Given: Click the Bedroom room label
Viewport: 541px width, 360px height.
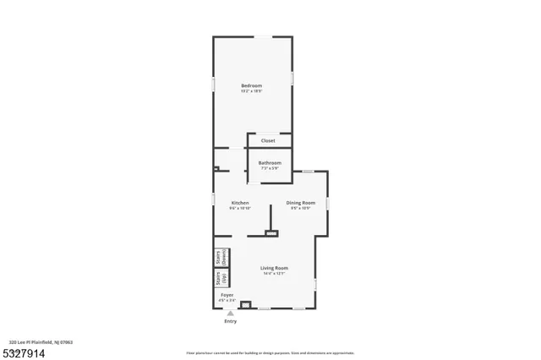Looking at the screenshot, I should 251,85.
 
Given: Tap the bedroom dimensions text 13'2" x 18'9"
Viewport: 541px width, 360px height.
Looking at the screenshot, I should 251,91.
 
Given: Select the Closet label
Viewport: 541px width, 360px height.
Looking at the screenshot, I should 268,140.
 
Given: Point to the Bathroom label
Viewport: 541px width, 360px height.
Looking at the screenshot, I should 270,162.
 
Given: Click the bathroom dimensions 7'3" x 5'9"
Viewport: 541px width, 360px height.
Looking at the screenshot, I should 270,168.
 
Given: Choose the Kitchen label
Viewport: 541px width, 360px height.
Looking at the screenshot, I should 240,202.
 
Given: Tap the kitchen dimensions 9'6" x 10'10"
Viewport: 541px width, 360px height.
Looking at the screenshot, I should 240,208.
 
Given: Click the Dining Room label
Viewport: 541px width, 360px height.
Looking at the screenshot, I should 300,202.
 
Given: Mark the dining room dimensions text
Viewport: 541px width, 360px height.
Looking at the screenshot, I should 300,208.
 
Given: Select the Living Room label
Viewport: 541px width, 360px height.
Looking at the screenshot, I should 275,268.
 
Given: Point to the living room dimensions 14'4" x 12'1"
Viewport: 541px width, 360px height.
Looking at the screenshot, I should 275,274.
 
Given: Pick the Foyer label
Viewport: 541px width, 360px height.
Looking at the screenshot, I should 227,295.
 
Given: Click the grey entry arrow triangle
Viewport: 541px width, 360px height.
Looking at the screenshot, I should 229,313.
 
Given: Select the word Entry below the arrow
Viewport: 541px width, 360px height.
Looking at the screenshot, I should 230,321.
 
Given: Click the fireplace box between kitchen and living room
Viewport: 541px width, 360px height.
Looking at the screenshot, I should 271,233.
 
